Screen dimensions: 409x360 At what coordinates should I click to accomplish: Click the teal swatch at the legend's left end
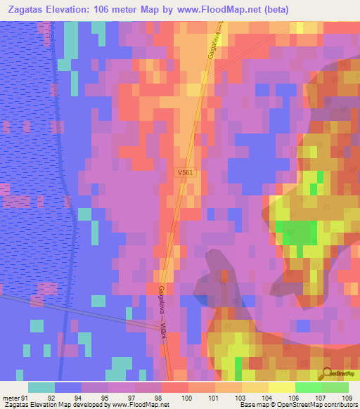coord(41,388)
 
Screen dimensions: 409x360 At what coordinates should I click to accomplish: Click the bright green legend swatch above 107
coord(308,388)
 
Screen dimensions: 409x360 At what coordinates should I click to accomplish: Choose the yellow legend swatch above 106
coord(281,388)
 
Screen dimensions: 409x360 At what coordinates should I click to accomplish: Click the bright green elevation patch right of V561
coord(295,231)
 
